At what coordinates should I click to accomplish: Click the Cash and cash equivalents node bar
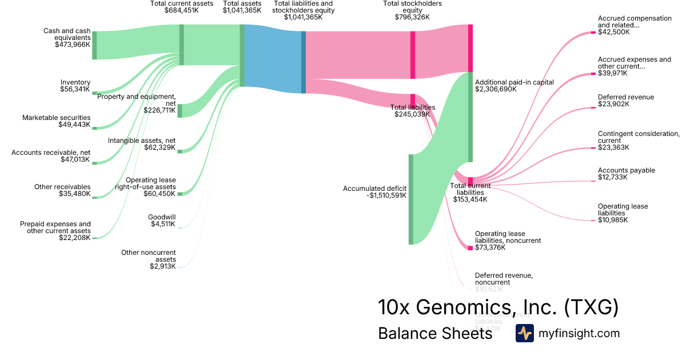(94, 45)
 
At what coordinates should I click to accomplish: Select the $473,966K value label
(73, 44)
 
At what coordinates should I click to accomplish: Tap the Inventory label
(75, 82)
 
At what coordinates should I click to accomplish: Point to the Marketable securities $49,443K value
(74, 125)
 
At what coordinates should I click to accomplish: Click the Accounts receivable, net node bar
(94, 163)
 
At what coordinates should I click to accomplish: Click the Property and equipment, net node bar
(180, 110)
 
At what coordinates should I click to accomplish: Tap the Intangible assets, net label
(142, 141)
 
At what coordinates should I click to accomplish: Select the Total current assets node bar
(182, 45)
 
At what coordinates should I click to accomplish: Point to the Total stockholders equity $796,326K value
(412, 17)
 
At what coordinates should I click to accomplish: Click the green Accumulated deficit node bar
(410, 199)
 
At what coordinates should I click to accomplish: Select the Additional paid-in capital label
(514, 82)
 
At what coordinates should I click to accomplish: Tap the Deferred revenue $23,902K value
(613, 105)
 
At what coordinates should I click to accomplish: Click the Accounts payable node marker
(592, 181)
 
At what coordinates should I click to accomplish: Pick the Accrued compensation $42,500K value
(613, 33)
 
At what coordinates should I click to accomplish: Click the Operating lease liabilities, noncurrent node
(470, 247)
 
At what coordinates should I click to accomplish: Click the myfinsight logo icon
(524, 333)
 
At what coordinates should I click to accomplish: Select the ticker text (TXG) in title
(591, 307)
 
